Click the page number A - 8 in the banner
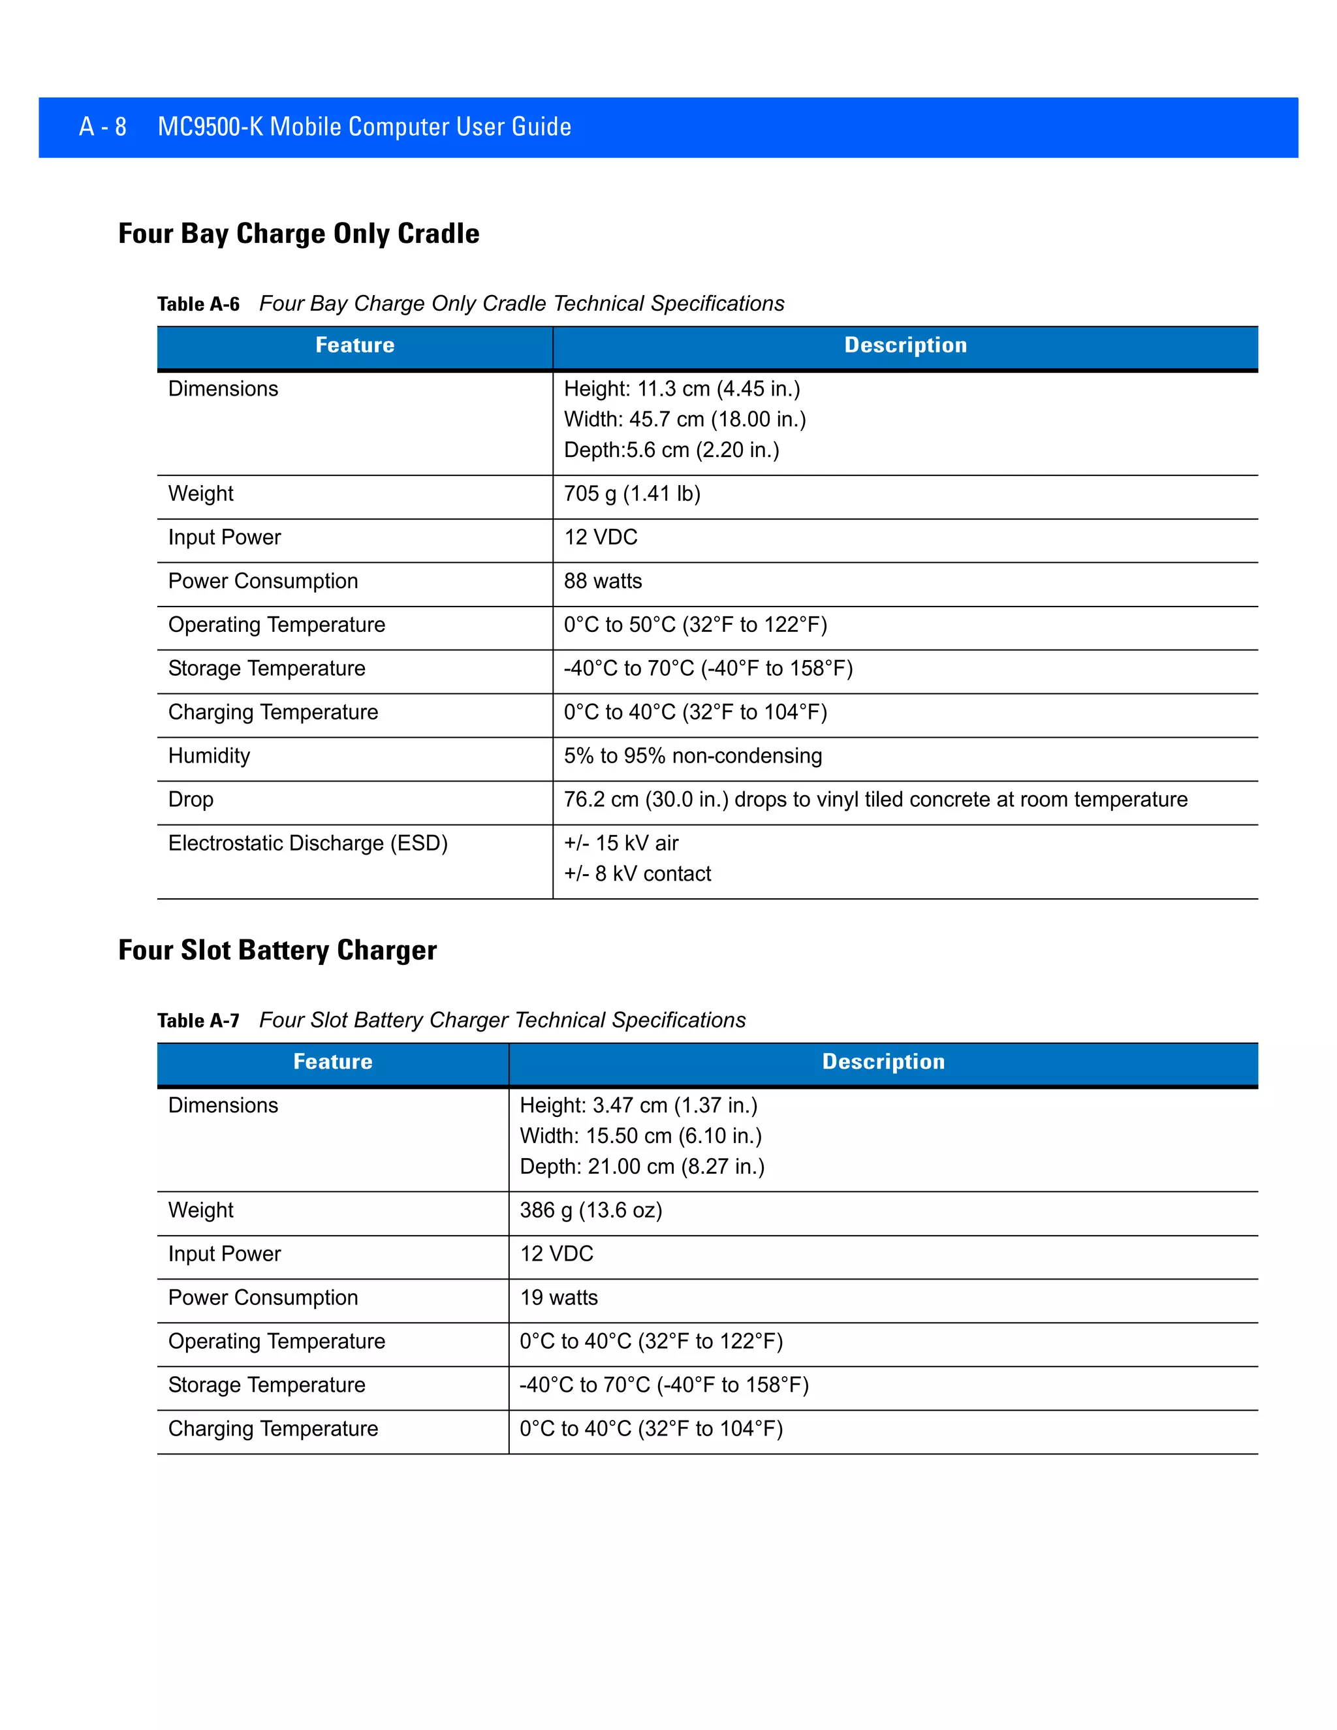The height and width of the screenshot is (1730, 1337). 103,127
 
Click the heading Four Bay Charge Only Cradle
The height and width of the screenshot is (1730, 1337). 298,234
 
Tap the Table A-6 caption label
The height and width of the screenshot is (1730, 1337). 198,304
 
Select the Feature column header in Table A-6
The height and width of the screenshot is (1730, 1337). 355,345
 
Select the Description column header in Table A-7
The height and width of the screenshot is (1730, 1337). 883,1062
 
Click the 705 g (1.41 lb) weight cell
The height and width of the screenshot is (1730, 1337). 632,494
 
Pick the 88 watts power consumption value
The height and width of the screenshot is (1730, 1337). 603,582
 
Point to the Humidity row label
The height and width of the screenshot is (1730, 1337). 209,756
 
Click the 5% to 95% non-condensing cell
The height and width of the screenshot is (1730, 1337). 692,756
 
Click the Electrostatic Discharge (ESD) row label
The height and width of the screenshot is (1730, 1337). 308,843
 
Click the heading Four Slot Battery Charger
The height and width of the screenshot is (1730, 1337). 277,951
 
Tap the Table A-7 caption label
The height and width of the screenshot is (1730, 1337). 198,1021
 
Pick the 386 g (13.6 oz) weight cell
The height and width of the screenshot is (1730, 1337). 591,1210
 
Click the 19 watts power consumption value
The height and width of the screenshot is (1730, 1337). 558,1298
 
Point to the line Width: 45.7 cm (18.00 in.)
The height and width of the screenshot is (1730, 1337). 684,419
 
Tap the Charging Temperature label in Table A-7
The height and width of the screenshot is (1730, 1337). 274,1429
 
